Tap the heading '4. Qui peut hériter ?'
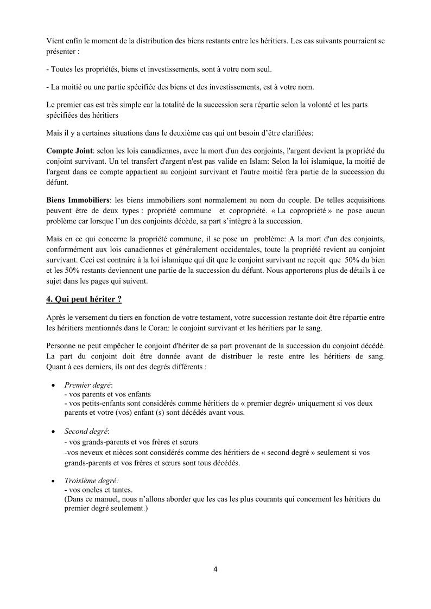tap(84, 299)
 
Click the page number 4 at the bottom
tap(215, 569)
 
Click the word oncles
tap(93, 490)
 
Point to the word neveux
tap(88, 452)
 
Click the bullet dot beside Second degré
tap(53, 432)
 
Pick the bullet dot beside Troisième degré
tap(53, 480)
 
